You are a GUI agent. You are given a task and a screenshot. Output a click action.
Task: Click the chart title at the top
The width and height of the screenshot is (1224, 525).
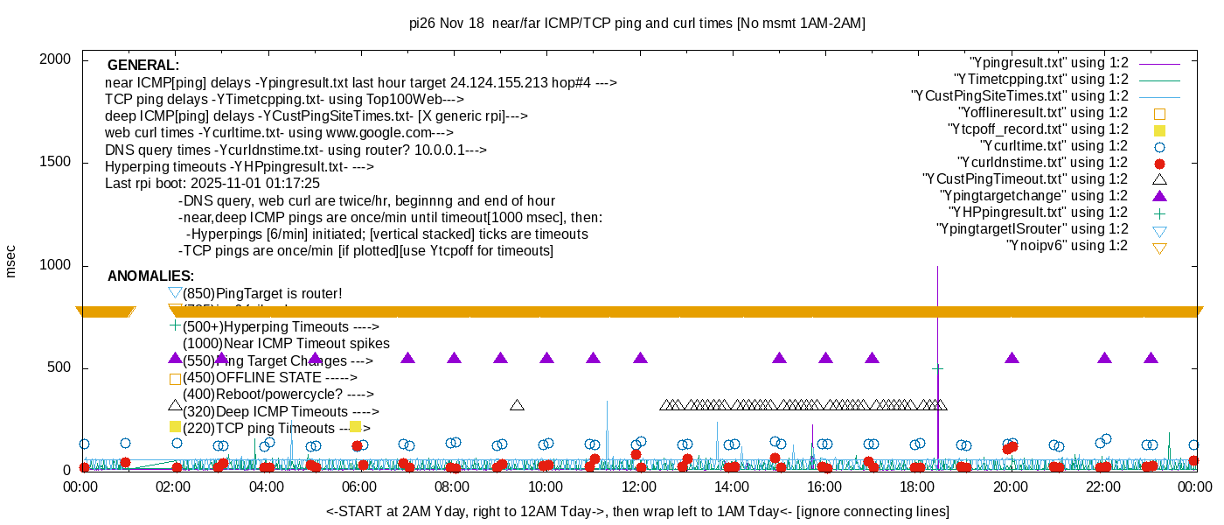click(x=636, y=24)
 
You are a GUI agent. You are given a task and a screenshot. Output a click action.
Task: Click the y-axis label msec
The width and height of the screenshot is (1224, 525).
click(x=11, y=261)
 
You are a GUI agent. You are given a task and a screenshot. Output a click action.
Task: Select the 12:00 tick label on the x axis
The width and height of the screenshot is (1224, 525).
click(x=638, y=486)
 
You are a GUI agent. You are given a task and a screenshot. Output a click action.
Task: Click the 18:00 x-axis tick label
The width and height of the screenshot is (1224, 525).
click(x=917, y=486)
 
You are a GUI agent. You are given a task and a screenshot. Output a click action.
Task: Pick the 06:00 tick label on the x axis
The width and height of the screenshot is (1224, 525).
click(x=359, y=486)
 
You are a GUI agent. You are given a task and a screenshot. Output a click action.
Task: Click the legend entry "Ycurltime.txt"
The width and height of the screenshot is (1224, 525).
click(x=1054, y=146)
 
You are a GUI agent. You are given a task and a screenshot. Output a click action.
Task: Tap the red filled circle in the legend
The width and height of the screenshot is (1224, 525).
click(x=1160, y=163)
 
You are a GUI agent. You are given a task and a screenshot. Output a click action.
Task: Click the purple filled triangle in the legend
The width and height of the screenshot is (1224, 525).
click(x=1160, y=196)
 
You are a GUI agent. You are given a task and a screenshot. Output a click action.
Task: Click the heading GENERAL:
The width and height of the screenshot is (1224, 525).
click(x=143, y=66)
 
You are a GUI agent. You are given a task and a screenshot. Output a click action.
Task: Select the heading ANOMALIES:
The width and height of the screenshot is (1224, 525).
click(x=150, y=276)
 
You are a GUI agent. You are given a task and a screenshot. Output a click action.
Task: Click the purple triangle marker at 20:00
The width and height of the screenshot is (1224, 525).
click(x=1012, y=359)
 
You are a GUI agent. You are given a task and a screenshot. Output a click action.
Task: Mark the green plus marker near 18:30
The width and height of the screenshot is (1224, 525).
click(x=937, y=369)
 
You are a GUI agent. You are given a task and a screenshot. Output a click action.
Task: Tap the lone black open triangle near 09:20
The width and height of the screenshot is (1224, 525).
click(x=517, y=405)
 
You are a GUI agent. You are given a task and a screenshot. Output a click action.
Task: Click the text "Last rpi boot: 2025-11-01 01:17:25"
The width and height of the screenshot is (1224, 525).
click(x=212, y=184)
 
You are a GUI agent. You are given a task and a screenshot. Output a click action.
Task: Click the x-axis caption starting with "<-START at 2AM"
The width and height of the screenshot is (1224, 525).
click(x=637, y=511)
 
